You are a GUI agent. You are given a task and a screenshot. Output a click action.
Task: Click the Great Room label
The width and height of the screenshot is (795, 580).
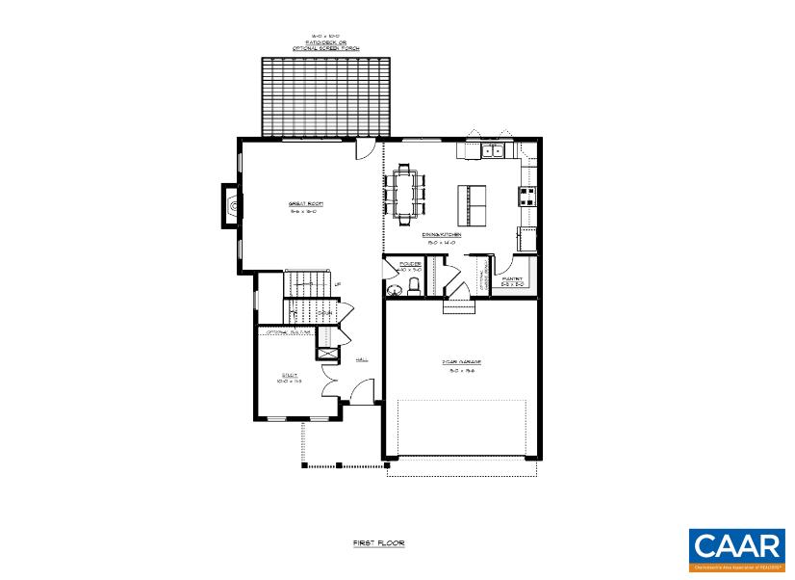coord(305,204)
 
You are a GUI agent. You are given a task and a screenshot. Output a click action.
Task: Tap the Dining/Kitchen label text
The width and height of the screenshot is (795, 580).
coord(441,235)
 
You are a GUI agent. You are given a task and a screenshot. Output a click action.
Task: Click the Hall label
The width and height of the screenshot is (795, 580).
coord(362,359)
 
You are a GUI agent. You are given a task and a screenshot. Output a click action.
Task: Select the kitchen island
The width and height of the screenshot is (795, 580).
coord(473,203)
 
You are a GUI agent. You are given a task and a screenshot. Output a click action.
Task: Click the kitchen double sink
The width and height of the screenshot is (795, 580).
coord(494,150)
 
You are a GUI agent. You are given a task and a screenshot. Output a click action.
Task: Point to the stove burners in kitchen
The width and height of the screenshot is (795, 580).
coord(528,197)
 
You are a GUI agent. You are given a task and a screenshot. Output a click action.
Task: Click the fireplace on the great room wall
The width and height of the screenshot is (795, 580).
coord(230,205)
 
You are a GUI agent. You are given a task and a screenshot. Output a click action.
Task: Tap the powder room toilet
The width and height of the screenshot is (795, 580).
coord(414,286)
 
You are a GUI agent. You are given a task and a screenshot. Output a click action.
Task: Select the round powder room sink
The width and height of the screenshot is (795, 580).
coord(393,289)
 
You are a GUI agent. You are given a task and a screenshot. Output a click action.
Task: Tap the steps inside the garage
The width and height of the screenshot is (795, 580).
coord(458,305)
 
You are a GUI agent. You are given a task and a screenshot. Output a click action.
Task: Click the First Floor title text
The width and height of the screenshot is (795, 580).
coord(378,543)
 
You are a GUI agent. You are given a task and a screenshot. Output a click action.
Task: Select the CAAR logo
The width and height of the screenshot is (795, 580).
coord(736,550)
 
